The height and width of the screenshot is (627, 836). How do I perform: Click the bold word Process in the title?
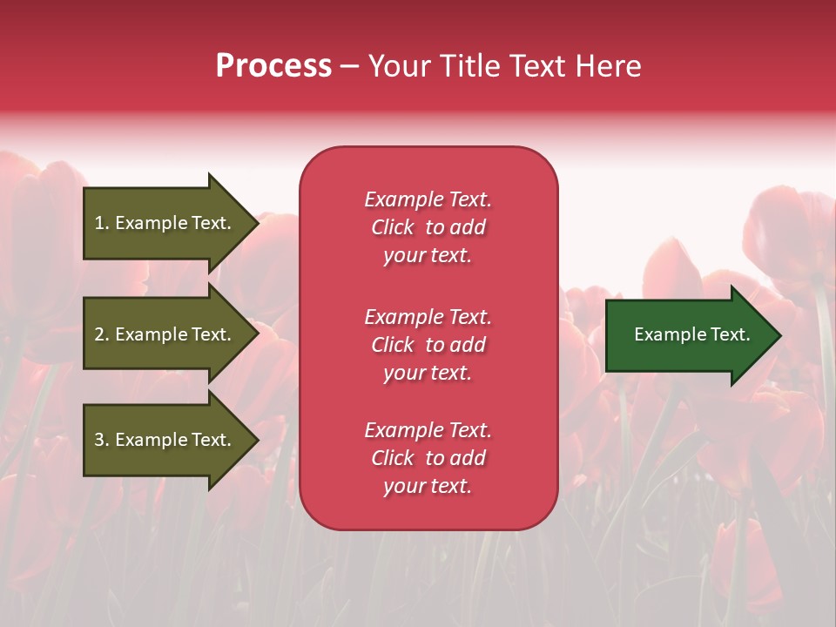point(273,66)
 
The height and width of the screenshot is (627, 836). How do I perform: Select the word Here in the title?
point(608,66)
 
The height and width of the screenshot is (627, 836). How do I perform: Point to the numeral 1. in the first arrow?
point(102,223)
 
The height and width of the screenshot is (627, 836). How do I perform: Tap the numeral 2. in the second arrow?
point(102,334)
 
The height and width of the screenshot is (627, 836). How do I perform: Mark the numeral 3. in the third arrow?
point(102,440)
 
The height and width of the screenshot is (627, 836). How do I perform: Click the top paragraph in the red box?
point(428,227)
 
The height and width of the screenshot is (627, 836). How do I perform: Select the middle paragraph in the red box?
point(428,345)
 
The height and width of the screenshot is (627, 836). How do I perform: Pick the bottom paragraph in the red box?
point(428,458)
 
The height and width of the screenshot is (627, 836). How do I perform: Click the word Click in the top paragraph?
point(393,227)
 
